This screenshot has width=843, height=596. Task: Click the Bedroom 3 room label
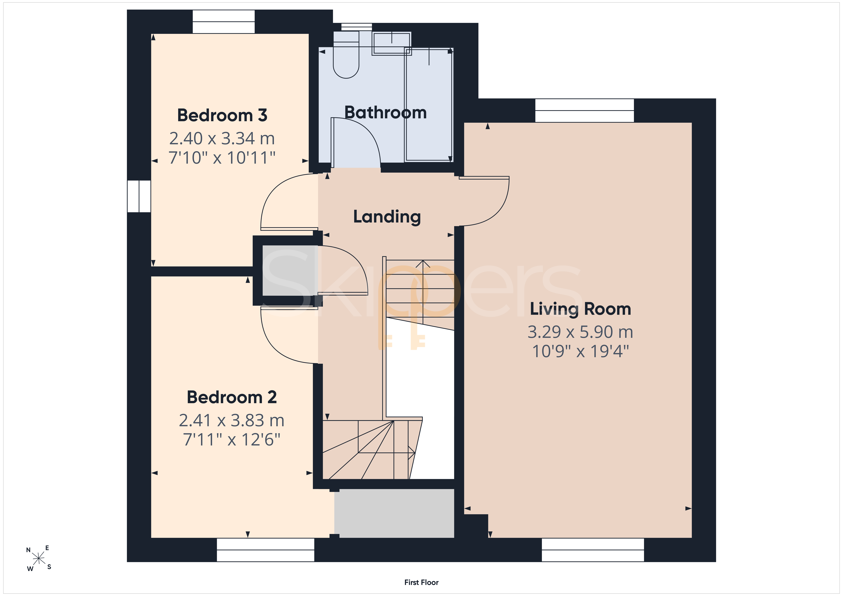click(x=222, y=115)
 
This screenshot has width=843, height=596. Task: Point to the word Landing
click(x=387, y=217)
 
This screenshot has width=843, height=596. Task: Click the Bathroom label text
click(x=386, y=112)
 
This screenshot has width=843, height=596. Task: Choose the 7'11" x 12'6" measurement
click(x=232, y=439)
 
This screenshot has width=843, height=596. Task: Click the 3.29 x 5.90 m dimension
click(x=580, y=332)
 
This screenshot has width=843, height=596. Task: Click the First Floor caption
click(x=421, y=582)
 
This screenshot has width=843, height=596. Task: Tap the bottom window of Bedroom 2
click(x=265, y=550)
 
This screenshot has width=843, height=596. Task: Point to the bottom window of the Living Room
click(x=593, y=550)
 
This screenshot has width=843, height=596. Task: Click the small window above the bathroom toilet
click(x=356, y=27)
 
